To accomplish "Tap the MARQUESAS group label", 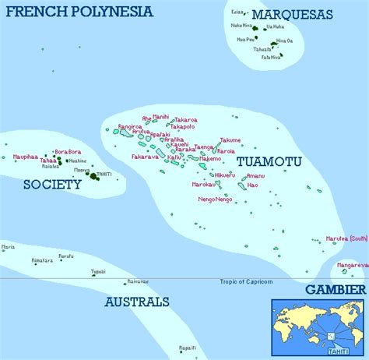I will (293, 15).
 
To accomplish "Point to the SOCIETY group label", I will (52, 185).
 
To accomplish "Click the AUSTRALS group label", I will (136, 301).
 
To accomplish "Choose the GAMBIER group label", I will (335, 288).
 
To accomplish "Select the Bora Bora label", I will (68, 152).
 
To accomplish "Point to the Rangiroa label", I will (130, 126).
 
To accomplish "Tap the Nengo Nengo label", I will (215, 199).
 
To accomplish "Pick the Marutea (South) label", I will (346, 238).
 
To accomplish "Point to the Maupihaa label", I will (25, 157).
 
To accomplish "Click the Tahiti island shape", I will (95, 176).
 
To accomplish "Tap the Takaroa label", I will (185, 120).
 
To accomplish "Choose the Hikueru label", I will (223, 175).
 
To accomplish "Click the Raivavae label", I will (137, 281).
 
